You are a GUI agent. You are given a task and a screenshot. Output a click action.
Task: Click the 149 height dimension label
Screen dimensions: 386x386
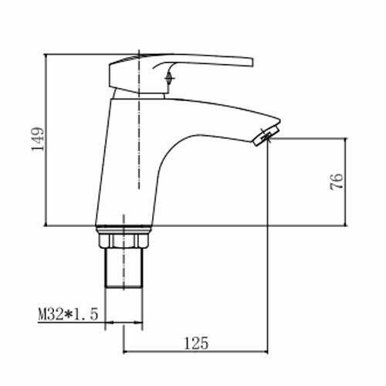pyautogui.click(x=38, y=139)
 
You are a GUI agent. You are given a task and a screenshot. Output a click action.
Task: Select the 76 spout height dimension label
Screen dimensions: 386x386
pyautogui.click(x=337, y=181)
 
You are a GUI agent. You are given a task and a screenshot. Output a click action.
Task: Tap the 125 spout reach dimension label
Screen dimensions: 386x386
pyautogui.click(x=196, y=343)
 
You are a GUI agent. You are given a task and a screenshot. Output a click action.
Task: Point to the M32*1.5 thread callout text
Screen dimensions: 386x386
pyautogui.click(x=68, y=314)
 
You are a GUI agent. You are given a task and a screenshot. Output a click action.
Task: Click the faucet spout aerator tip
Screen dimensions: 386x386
pyautogui.click(x=266, y=135)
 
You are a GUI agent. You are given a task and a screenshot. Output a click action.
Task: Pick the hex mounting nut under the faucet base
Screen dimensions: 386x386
pyautogui.click(x=124, y=241)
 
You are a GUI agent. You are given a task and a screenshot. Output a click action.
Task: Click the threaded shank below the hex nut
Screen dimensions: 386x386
pyautogui.click(x=124, y=268)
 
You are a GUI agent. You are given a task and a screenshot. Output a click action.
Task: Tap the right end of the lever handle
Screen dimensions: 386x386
pyautogui.click(x=252, y=63)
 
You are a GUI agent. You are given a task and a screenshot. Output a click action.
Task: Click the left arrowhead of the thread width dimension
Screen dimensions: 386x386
pyautogui.click(x=109, y=322)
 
